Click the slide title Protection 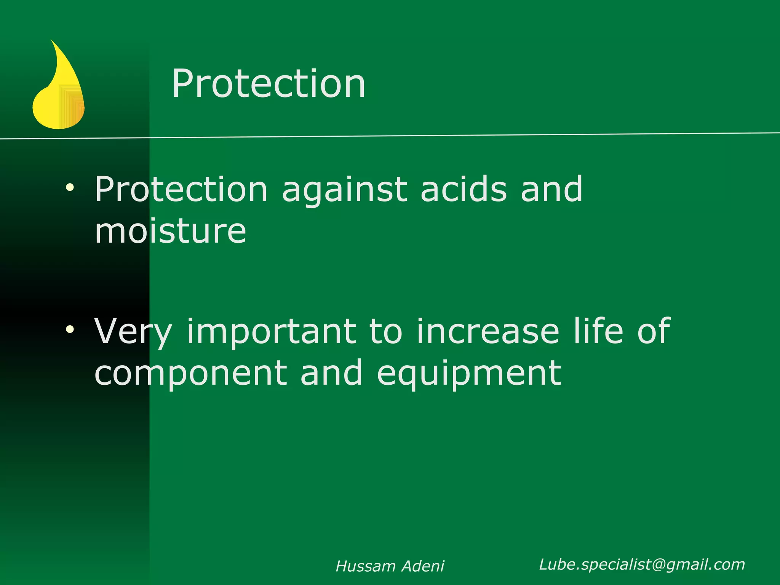point(269,84)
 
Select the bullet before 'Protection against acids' point(70,187)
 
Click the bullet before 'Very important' point(70,329)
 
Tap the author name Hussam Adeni point(390,566)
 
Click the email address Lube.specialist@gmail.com point(642,564)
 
